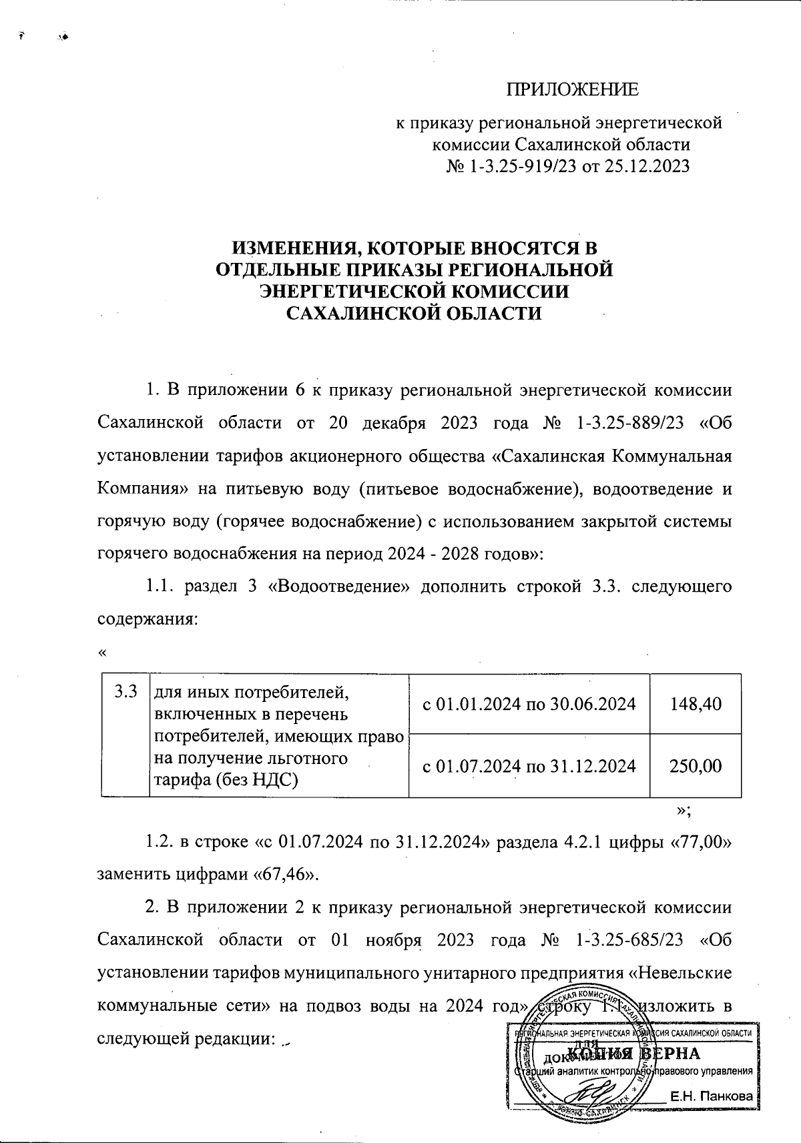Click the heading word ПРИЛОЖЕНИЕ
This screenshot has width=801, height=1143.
(x=572, y=89)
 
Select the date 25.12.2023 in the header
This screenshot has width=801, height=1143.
(x=646, y=165)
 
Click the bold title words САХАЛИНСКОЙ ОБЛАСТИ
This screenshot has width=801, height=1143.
(x=413, y=313)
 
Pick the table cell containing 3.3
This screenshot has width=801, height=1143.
(x=125, y=691)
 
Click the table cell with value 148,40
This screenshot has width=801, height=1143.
(x=695, y=704)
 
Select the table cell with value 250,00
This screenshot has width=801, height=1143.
(x=695, y=766)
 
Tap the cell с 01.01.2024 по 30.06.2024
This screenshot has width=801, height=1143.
(x=529, y=704)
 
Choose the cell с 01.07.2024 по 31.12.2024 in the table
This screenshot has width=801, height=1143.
(x=529, y=766)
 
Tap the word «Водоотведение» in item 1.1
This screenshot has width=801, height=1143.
(x=337, y=587)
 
